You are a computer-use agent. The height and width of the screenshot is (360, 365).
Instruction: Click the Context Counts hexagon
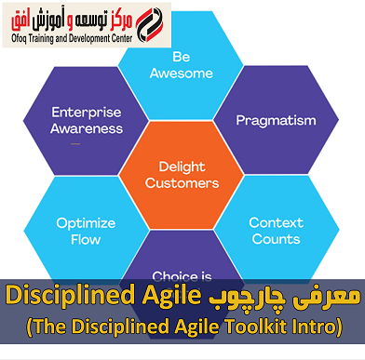pos(274,230)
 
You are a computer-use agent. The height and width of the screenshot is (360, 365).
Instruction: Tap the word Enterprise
pos(88,112)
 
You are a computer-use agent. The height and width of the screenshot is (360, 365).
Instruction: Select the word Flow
pos(86,240)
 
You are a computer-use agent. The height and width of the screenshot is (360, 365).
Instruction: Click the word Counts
pos(275,240)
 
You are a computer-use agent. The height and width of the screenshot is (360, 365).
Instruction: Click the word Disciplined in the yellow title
pos(64,297)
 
